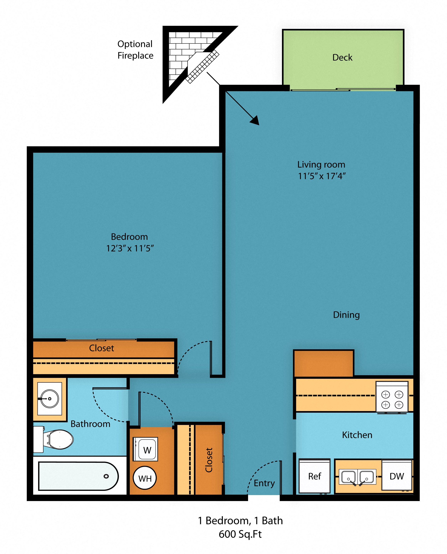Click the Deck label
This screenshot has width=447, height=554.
(x=342, y=57)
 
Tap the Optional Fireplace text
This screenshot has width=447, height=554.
(x=135, y=50)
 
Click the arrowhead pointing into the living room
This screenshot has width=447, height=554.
(x=255, y=121)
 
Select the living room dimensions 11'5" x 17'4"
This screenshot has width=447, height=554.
(x=321, y=176)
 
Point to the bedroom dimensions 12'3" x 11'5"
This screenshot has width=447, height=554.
(x=130, y=248)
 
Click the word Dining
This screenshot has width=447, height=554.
(x=346, y=315)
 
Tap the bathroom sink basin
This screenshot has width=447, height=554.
(x=50, y=399)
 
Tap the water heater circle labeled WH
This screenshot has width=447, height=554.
(x=145, y=479)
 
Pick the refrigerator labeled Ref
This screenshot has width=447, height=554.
(x=314, y=476)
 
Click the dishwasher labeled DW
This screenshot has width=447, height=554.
(x=397, y=476)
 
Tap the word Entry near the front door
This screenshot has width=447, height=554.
(x=264, y=483)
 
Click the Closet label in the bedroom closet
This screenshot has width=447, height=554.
(x=101, y=348)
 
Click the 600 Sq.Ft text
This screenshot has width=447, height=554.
(x=240, y=534)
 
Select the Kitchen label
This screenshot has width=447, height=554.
(x=357, y=435)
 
